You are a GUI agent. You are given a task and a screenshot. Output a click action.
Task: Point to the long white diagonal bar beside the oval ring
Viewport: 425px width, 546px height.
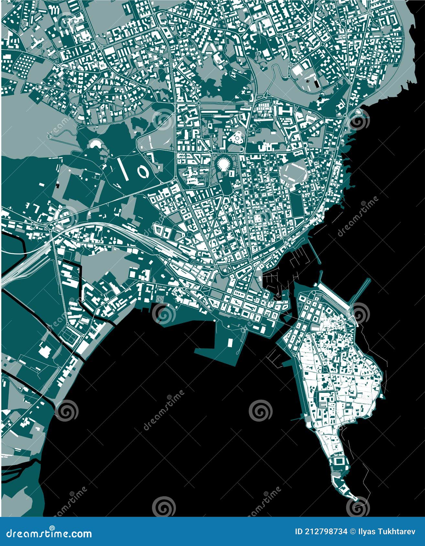tap(123, 168)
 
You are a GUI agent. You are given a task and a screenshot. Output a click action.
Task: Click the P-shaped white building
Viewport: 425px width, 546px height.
tap(196, 133)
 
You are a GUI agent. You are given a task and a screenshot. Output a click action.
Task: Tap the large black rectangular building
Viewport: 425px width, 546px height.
tap(316, 83)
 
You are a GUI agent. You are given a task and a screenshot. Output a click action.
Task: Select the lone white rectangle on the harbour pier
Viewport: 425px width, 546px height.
tap(230, 342)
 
